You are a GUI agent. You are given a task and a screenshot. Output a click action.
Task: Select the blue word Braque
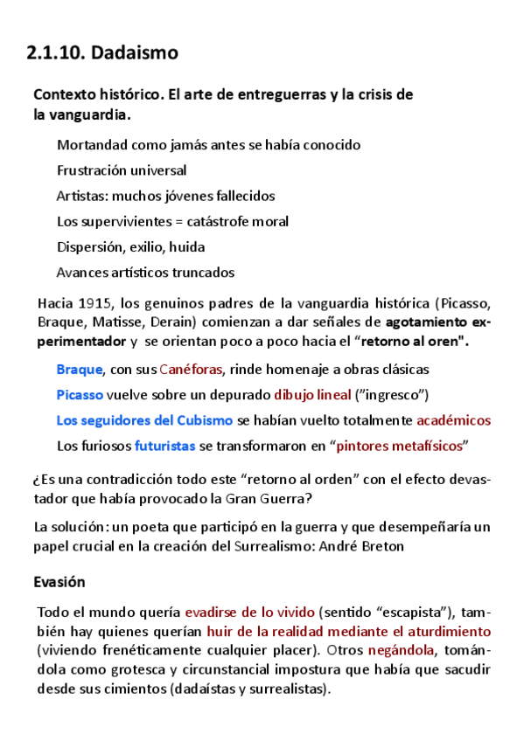tap(80, 370)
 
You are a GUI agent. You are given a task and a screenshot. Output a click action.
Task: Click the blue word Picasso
tap(80, 395)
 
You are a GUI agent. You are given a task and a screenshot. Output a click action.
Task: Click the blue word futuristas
tap(164, 446)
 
